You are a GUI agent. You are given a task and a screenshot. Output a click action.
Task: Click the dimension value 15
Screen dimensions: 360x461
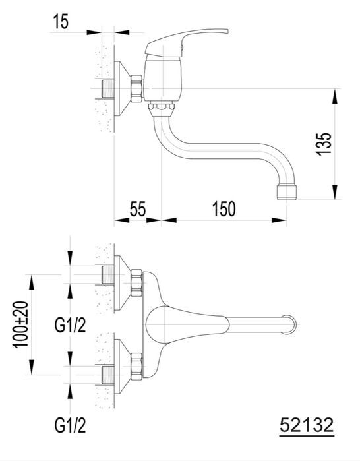(61, 22)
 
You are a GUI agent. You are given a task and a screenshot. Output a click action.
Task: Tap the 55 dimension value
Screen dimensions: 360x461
(138, 209)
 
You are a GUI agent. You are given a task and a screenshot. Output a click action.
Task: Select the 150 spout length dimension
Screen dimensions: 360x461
(224, 209)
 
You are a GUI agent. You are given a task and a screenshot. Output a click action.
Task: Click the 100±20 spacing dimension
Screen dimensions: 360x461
(20, 324)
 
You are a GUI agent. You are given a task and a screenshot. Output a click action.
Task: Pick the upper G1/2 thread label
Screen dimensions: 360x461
(70, 325)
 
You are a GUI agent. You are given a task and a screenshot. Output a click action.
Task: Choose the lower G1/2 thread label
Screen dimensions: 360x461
(70, 425)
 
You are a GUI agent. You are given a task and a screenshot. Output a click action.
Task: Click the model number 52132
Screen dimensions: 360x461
(307, 425)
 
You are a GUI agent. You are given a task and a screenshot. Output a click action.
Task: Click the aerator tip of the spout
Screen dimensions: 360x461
(287, 193)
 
